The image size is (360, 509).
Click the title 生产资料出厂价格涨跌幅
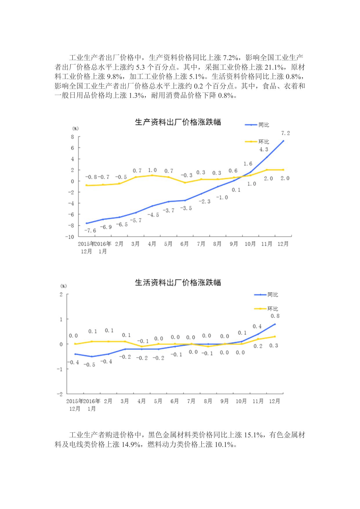pyautogui.click(x=178, y=122)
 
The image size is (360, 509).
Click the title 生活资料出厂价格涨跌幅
pyautogui.click(x=178, y=282)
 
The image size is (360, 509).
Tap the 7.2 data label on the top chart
pyautogui.click(x=285, y=133)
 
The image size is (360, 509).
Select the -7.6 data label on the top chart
pyautogui.click(x=90, y=231)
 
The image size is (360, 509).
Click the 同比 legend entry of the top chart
pyautogui.click(x=264, y=125)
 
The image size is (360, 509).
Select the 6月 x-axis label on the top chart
pyautogui.click(x=184, y=244)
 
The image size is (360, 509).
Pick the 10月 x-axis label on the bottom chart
pyautogui.click(x=241, y=401)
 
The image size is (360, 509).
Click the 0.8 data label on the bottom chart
pyautogui.click(x=275, y=316)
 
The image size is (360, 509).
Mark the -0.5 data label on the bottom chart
pyautogui.click(x=89, y=365)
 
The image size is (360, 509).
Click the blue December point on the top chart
pyautogui.click(x=283, y=141)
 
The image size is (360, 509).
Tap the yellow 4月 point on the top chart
pyautogui.click(x=152, y=175)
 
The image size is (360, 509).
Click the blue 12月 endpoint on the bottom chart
pyautogui.click(x=275, y=324)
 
